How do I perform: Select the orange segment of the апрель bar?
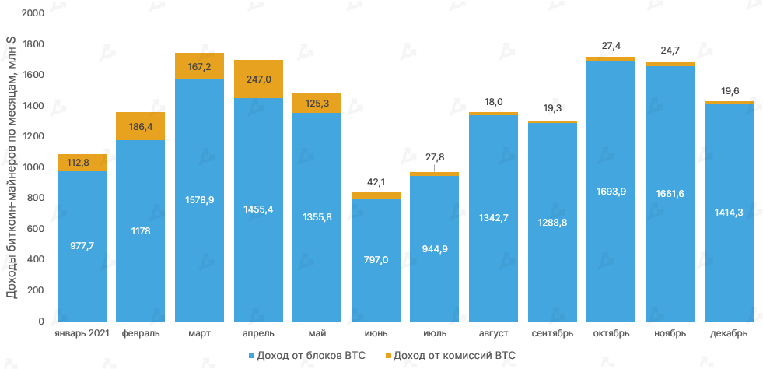tap(258, 79)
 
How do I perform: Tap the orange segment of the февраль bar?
tap(140, 126)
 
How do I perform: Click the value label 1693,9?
tap(611, 192)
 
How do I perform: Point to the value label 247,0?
tap(258, 79)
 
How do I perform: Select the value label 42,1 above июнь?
tap(376, 182)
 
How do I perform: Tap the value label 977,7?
tap(82, 245)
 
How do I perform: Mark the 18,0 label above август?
tap(493, 102)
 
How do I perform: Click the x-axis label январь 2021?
tap(82, 333)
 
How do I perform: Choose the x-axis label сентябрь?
tap(552, 333)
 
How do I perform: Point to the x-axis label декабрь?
tap(729, 333)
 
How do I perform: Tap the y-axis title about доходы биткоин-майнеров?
tap(12, 168)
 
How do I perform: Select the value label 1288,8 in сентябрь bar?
tap(552, 222)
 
